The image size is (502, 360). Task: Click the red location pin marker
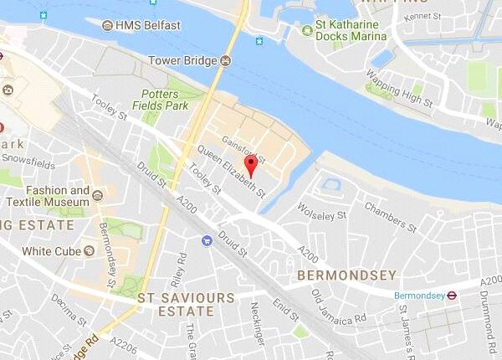click(248, 164)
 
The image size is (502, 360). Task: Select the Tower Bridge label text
click(182, 60)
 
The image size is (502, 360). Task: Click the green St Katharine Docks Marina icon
click(308, 32)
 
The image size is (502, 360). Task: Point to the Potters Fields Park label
click(170, 100)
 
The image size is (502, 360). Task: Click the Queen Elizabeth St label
click(232, 172)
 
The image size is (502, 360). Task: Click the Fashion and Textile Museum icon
click(99, 195)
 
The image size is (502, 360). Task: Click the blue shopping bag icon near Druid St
click(206, 240)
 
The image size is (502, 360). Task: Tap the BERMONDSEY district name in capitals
click(333, 275)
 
